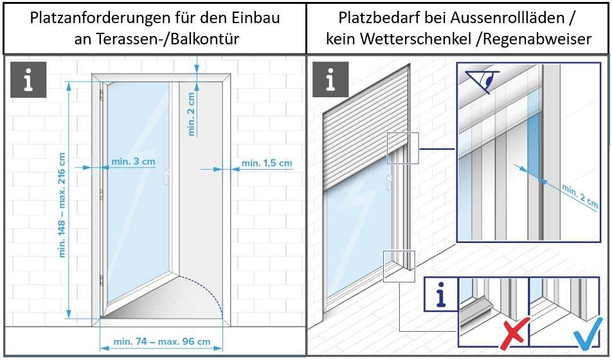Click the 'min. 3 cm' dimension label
point(132,161)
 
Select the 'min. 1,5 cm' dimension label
point(266,163)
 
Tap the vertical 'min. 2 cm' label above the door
point(191,114)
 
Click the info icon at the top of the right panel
point(330,80)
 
